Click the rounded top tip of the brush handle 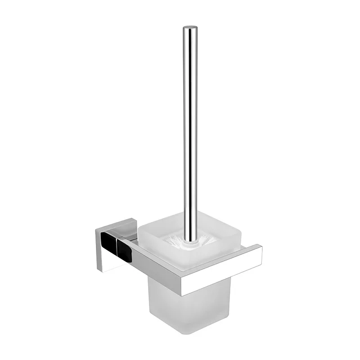pos(189,28)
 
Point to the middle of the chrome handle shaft pos(189,130)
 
